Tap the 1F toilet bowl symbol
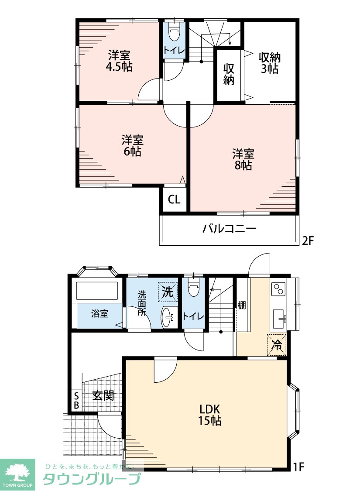(x=193, y=288)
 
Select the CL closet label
(x=175, y=199)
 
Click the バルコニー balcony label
(x=229, y=229)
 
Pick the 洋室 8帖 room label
(x=243, y=159)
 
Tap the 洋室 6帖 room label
(x=132, y=146)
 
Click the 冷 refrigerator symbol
(x=277, y=345)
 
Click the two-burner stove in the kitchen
(x=278, y=289)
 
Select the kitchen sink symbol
(x=280, y=319)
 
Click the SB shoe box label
(x=76, y=401)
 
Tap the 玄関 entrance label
(x=103, y=395)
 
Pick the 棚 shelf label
(x=241, y=305)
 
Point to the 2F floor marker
(x=307, y=240)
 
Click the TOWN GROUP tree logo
(x=17, y=471)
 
